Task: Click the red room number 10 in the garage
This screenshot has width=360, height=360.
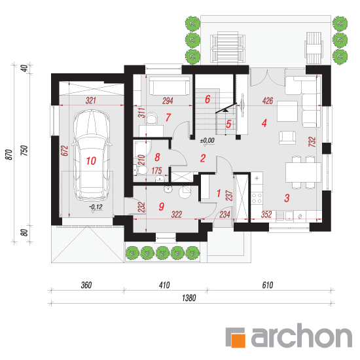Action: click(91, 161)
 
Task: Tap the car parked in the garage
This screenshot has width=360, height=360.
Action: click(92, 155)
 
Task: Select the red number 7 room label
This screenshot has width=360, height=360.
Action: click(168, 118)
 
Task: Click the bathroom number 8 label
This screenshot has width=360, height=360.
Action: click(157, 157)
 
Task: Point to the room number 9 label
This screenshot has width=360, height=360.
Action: click(162, 207)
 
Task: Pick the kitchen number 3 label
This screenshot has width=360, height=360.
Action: click(287, 198)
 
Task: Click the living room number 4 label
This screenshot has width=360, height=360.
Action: click(264, 123)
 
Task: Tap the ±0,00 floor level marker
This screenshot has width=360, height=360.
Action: click(207, 140)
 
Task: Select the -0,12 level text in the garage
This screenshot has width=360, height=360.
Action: click(96, 207)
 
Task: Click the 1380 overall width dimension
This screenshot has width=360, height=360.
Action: click(189, 298)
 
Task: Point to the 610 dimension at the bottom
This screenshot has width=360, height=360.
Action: click(268, 285)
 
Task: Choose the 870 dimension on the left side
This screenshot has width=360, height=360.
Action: click(9, 154)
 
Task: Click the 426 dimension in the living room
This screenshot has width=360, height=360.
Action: click(268, 101)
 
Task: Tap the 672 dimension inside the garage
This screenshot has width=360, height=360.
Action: click(65, 151)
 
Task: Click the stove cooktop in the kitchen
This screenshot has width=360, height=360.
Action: click(257, 198)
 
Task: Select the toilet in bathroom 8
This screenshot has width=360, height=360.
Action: click(141, 170)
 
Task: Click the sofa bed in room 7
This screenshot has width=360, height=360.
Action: click(170, 86)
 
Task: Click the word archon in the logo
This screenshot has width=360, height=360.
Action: click(302, 335)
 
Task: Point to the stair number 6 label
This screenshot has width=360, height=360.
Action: click(207, 99)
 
